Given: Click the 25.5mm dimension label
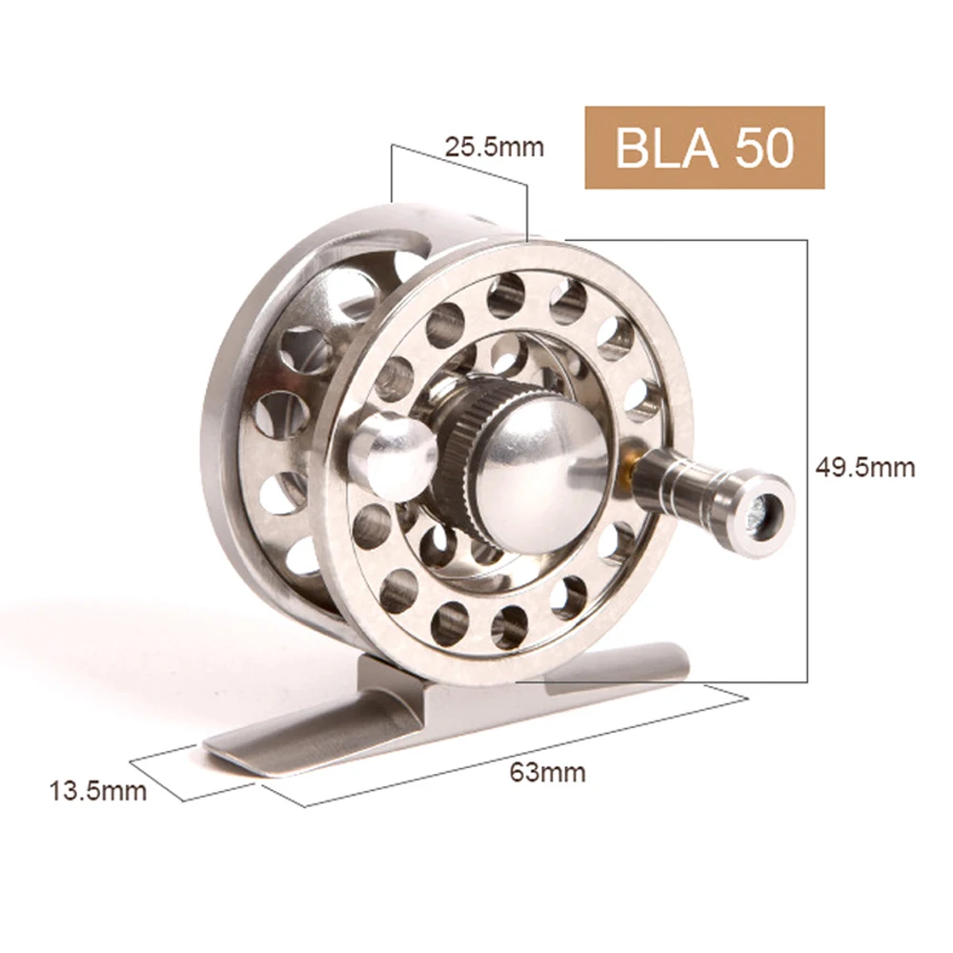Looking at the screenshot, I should click(494, 147).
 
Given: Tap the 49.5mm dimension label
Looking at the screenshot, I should click(864, 467).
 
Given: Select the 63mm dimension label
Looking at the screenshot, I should click(547, 772).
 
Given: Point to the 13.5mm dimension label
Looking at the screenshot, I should click(98, 790).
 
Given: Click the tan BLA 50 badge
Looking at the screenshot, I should click(703, 147).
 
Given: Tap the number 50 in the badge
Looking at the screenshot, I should click(762, 148).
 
